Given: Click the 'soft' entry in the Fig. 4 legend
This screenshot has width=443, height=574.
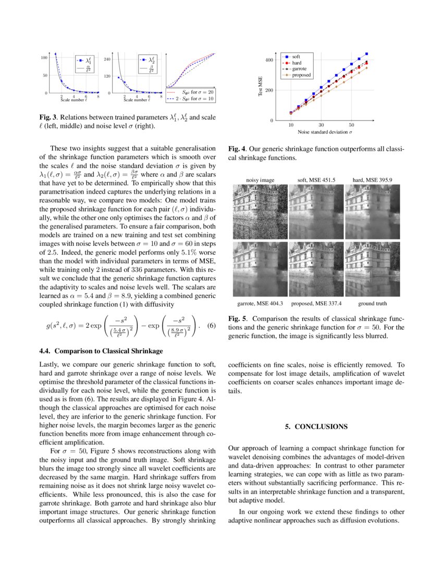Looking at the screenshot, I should pyautogui.click(x=296, y=56).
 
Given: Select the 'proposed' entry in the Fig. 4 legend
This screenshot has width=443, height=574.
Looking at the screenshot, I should pyautogui.click(x=301, y=75).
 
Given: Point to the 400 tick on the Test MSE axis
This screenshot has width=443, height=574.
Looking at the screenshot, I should pyautogui.click(x=269, y=60).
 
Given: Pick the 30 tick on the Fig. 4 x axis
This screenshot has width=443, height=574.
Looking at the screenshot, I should pyautogui.click(x=321, y=125).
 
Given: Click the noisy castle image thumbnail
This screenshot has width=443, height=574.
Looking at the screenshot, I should pyautogui.click(x=260, y=209).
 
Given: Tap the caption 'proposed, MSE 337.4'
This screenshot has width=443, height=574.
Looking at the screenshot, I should pyautogui.click(x=316, y=303).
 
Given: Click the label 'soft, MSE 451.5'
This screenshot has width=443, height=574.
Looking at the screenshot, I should pyautogui.click(x=316, y=180).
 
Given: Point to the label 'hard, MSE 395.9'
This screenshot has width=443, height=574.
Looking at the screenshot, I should pyautogui.click(x=372, y=180).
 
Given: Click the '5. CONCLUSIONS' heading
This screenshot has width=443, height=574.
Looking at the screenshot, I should pyautogui.click(x=316, y=426).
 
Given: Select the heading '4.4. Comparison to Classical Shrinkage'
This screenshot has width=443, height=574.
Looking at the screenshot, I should pyautogui.click(x=101, y=351).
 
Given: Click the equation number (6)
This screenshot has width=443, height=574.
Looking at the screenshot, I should pyautogui.click(x=211, y=326).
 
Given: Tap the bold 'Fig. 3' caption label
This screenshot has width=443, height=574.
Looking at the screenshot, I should pyautogui.click(x=49, y=117).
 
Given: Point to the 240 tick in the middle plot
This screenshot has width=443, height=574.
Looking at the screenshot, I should pyautogui.click(x=108, y=59).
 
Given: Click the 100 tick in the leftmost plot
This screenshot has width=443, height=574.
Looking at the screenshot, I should pyautogui.click(x=45, y=57).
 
